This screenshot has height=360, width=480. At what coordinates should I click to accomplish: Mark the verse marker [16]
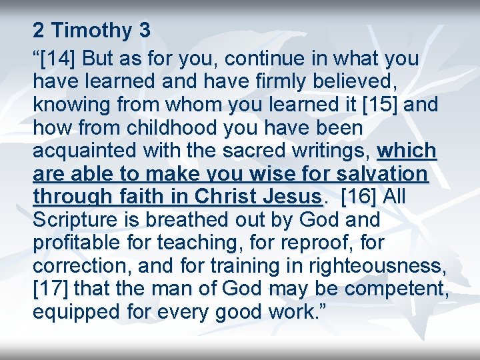[x=361, y=197]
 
